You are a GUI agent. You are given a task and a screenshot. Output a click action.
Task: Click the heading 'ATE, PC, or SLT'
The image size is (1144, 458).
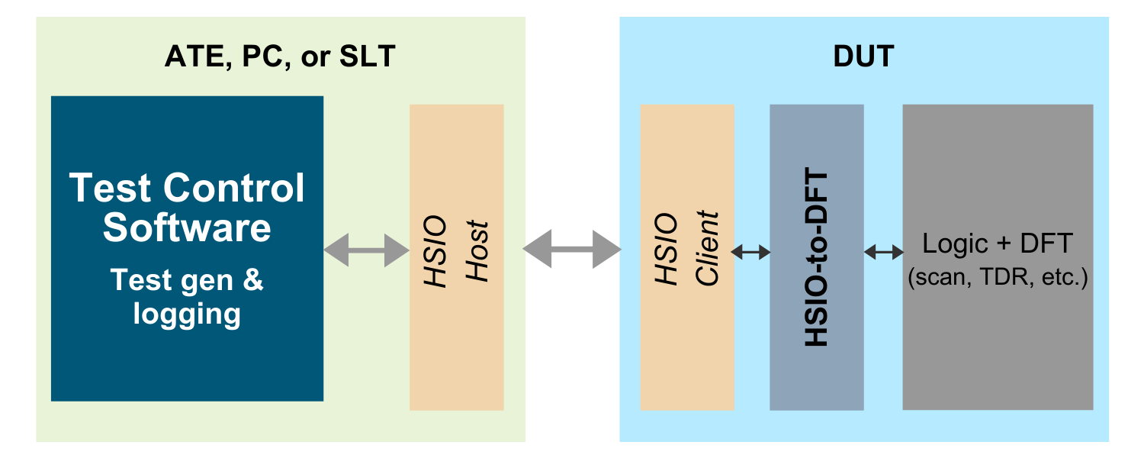coord(280,56)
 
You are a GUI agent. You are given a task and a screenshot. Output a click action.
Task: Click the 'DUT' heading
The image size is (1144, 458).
coord(863,56)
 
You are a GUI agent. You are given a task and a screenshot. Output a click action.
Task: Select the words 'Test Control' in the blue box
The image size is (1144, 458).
coord(187,188)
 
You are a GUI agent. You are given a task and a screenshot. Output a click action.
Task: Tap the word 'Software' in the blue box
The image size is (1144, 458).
coord(187,227)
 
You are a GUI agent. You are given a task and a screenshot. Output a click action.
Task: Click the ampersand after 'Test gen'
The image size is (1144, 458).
coord(253,279)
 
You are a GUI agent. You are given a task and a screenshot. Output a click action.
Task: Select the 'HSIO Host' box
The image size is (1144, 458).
coord(457,257)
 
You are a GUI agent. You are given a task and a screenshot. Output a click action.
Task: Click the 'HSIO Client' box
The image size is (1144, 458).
coord(687,257)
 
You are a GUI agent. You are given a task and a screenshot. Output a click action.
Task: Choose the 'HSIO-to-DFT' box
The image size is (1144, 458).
coord(817,257)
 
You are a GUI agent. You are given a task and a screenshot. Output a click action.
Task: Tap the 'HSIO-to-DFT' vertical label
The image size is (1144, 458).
coord(816,257)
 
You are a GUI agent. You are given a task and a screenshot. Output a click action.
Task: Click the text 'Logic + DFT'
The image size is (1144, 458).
coord(998,244)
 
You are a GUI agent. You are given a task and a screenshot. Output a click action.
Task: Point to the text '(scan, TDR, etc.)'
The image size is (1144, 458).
coord(998,278)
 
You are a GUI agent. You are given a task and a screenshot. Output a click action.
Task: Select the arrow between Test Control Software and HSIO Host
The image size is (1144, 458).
coord(367,250)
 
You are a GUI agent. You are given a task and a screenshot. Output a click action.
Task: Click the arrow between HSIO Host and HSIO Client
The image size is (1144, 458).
coord(572,249)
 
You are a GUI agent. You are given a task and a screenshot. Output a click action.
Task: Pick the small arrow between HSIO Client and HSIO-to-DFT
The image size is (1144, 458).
coord(750,251)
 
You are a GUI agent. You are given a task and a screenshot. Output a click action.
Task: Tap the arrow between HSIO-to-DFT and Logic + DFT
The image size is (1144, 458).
coord(883,251)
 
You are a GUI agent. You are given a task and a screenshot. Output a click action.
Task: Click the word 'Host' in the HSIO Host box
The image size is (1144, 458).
coord(477,251)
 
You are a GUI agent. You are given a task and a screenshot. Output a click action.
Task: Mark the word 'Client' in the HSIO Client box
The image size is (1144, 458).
coord(707,248)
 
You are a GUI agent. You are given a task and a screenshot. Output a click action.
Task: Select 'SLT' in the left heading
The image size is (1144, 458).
coord(367,56)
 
